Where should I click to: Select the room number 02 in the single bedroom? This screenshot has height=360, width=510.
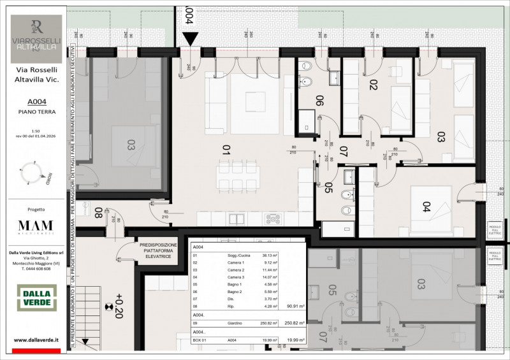374,84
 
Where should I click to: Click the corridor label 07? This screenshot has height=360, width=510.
342,152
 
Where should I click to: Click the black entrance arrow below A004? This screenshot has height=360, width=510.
189,38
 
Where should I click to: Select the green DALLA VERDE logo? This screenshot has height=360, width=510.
36,298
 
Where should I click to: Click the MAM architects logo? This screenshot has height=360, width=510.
36,227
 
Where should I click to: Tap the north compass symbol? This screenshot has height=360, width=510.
36,171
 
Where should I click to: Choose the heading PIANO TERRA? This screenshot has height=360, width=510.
36,112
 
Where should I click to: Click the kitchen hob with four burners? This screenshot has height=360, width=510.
273,219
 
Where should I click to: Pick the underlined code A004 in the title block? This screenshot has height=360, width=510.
36,101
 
